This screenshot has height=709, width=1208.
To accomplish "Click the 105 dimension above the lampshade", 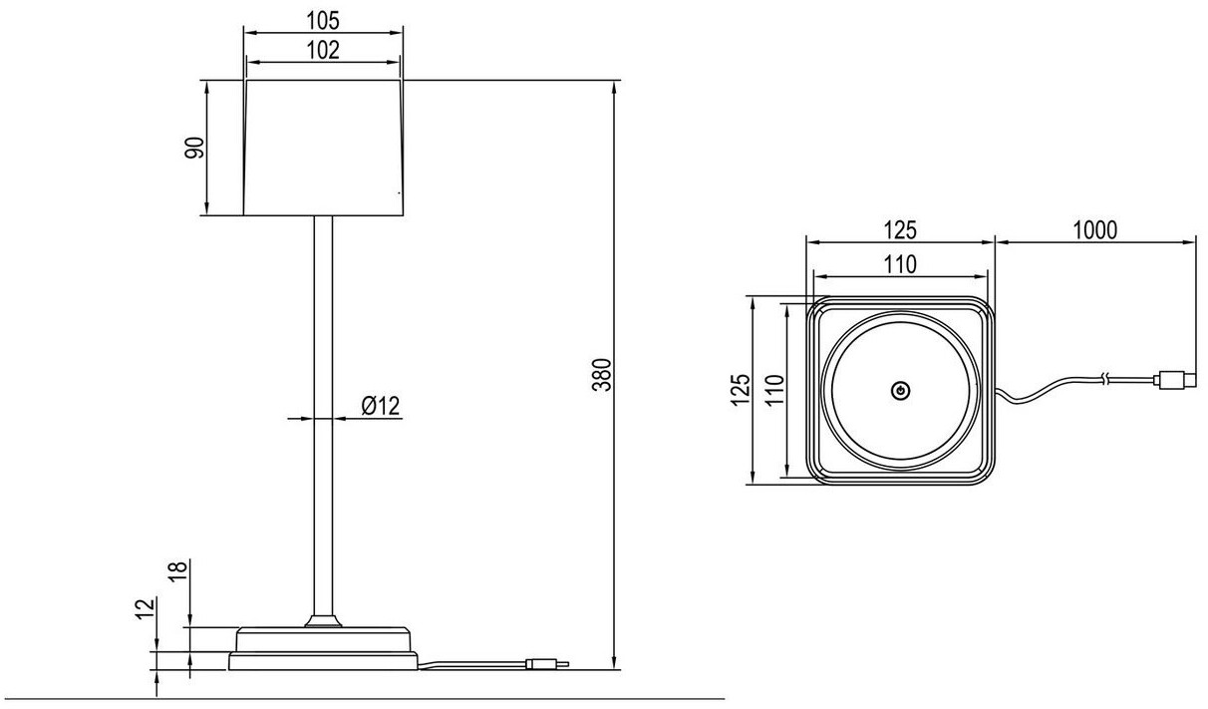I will point(324,19).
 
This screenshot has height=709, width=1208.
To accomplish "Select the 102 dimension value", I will point(324,50).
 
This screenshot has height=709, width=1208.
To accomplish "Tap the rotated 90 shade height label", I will point(194,148).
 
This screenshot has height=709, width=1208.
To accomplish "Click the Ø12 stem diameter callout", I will point(380,405).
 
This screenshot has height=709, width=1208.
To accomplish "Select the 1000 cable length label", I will point(1094,229).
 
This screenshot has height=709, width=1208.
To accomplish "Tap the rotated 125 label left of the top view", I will point(739,391).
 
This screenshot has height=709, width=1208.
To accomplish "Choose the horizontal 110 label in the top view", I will point(900,263).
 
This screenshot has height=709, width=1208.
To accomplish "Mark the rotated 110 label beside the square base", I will point(774,391).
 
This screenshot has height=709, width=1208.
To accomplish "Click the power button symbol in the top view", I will point(900,391).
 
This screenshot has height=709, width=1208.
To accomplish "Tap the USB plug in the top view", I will point(1174,379).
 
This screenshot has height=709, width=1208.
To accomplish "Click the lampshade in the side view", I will point(324,148).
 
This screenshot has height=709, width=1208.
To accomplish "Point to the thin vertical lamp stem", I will point(323,419).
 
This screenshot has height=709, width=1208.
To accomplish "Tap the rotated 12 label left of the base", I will point(146,607).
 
